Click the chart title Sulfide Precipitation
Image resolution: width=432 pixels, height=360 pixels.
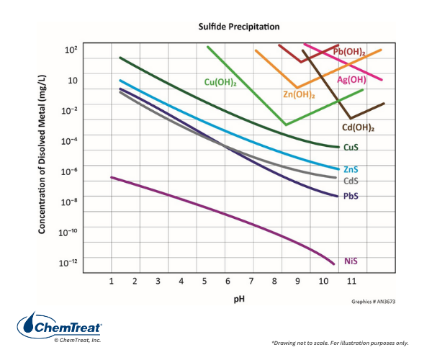[239, 27]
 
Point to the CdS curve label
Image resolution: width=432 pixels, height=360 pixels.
[351, 181]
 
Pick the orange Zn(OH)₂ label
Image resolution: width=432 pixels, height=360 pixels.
[298, 94]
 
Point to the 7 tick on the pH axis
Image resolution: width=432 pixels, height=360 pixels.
[252, 281]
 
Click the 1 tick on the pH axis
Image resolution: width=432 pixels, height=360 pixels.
[112, 281]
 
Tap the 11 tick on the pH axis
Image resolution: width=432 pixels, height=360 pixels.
[351, 281]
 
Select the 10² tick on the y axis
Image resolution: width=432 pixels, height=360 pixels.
[71, 50]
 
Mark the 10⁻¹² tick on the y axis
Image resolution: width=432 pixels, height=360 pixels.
[68, 261]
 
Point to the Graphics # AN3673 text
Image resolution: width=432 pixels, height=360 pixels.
[374, 303]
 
